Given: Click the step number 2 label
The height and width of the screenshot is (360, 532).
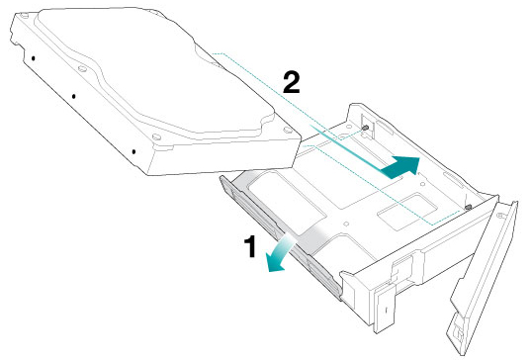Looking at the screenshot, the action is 292,83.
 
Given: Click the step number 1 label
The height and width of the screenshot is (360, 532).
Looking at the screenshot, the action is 251,246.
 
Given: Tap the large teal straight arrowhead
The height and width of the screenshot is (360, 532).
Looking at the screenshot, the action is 402,167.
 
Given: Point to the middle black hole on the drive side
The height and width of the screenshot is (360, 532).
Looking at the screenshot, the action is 73,97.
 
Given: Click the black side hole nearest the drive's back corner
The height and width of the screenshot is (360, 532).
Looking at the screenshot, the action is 34,58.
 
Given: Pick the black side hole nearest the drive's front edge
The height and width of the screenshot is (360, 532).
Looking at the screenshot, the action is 133,151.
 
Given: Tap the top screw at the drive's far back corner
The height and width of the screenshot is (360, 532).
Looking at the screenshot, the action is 24,15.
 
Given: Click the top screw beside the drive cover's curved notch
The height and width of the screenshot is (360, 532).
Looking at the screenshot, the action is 82,68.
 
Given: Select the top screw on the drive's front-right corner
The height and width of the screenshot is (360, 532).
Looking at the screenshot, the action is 288,130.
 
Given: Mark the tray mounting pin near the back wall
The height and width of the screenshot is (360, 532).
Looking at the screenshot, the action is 366,128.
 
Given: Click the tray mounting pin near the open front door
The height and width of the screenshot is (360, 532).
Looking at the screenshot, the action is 469,207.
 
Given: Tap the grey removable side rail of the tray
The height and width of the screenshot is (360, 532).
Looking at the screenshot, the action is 281,237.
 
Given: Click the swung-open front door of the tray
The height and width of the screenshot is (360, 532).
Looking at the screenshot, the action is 483,278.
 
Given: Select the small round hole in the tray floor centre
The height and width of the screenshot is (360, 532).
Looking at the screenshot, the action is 346,224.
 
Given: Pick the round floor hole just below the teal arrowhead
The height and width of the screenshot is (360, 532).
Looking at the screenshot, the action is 423,184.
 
